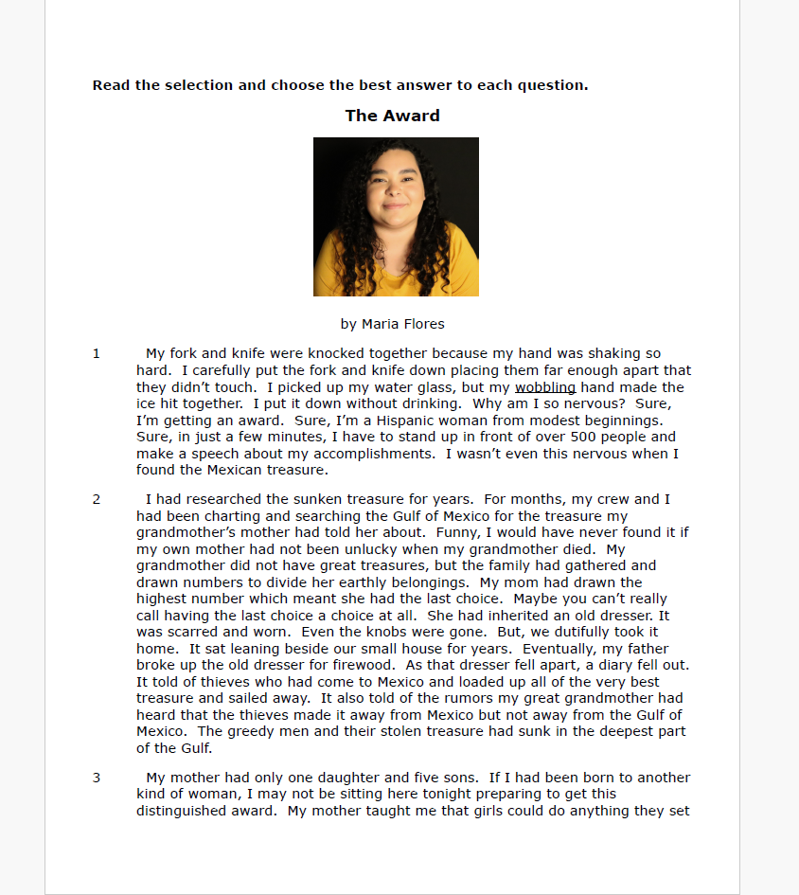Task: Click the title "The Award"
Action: pos(392,116)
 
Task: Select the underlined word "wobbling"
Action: pos(545,387)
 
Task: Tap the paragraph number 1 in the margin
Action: pos(97,354)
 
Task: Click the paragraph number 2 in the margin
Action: pos(97,499)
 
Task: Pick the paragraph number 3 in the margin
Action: pos(97,778)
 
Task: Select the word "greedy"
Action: pos(251,731)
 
